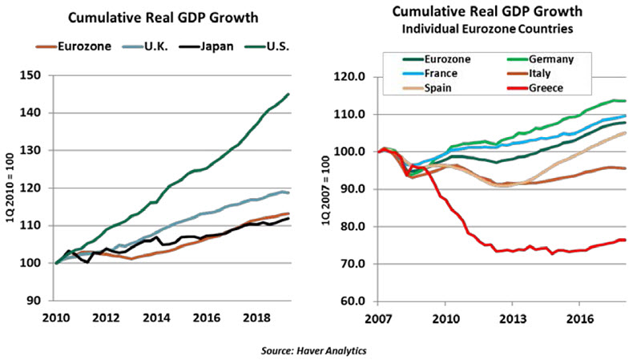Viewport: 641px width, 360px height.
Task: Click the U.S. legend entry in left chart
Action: point(272,47)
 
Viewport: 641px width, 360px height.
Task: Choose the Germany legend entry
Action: point(557,59)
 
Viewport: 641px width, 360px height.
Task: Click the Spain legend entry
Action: point(436,87)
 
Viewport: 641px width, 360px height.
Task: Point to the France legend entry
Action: point(438,73)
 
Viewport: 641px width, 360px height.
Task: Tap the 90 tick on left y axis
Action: point(38,301)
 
